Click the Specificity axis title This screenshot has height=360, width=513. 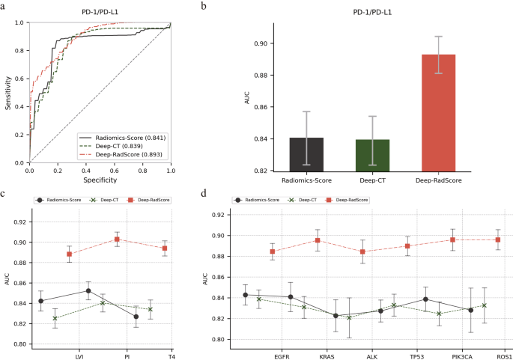[100, 180]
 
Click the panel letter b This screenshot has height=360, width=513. [204, 5]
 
